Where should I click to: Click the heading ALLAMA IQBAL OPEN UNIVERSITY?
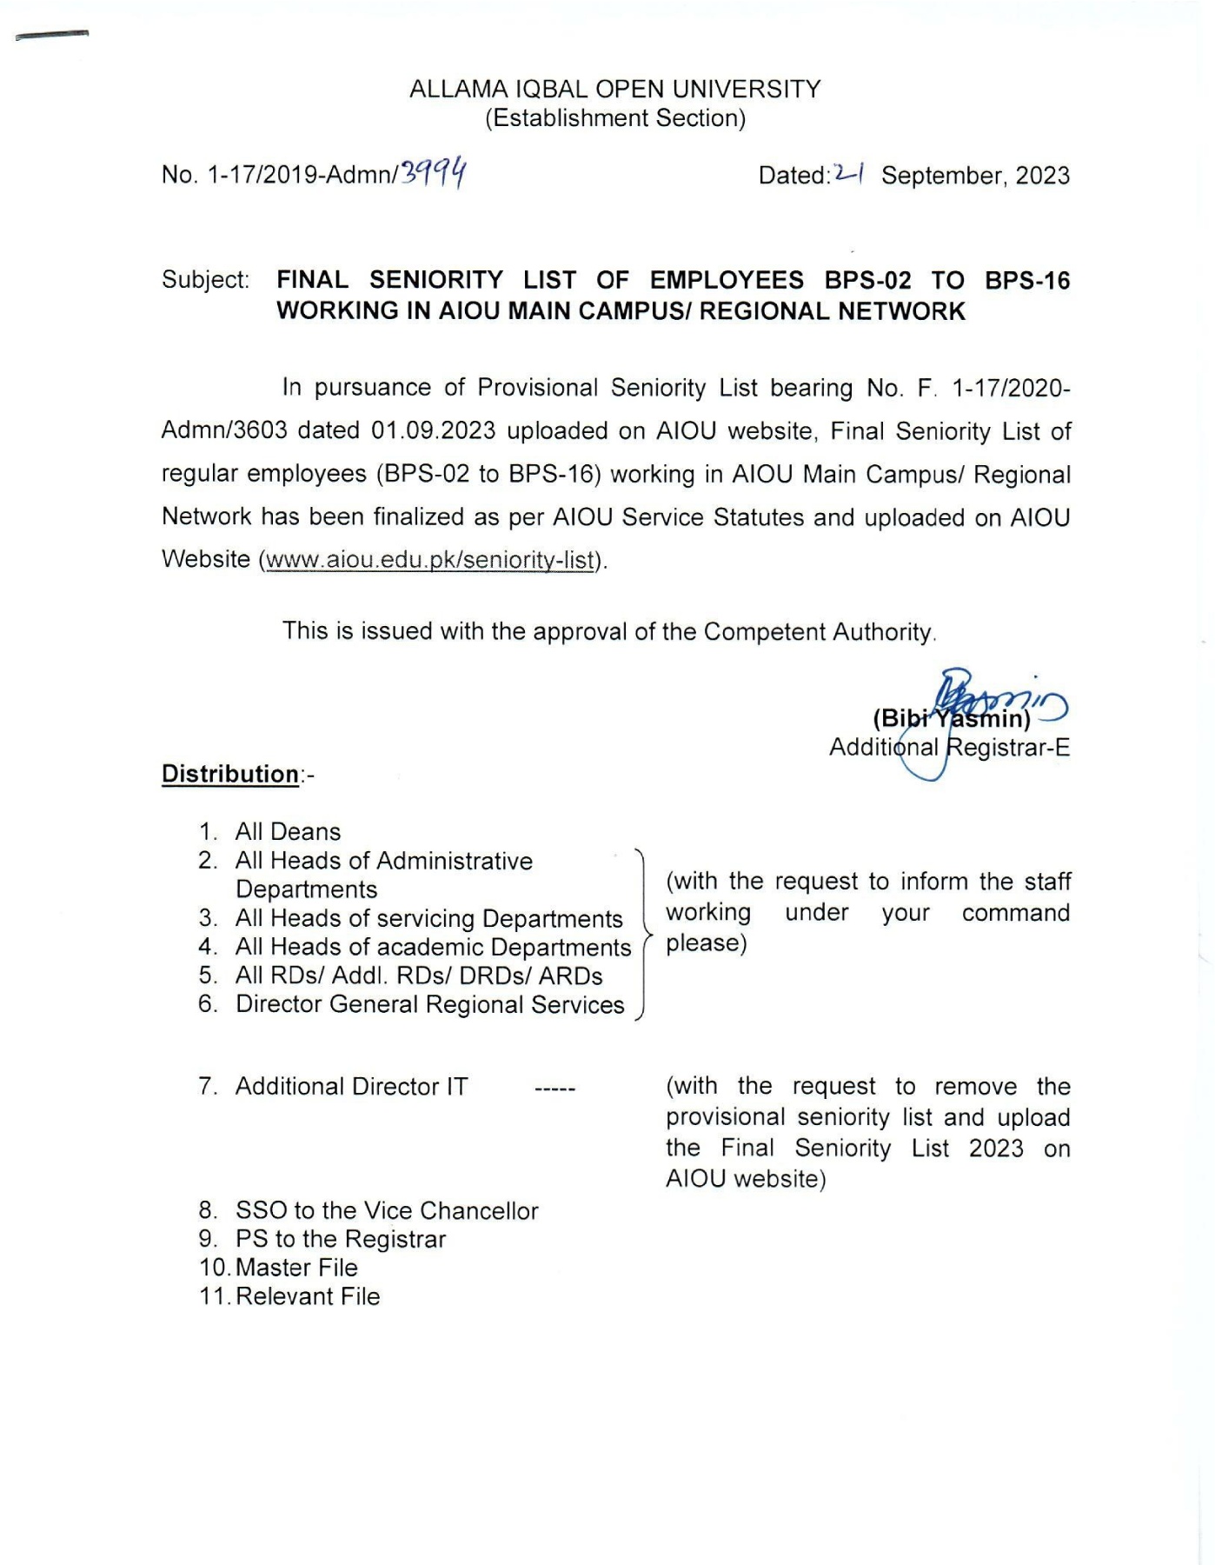(614, 90)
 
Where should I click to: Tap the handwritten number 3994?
(433, 173)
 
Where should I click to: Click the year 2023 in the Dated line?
(1042, 176)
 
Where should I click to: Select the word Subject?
(205, 280)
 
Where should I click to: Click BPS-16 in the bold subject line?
(1026, 281)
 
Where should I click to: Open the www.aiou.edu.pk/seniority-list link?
(429, 560)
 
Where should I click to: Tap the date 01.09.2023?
(433, 431)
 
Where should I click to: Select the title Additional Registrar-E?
(949, 748)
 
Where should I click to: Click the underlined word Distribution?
(230, 774)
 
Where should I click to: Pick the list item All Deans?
(288, 832)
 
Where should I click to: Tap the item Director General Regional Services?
(429, 1005)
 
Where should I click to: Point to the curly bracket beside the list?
(643, 935)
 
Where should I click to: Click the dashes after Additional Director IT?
(554, 1089)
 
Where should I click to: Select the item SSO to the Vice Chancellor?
(387, 1211)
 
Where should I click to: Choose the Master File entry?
(296, 1268)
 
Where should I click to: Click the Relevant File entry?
(308, 1296)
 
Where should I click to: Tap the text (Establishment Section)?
(614, 118)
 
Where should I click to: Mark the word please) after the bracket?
(706, 943)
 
